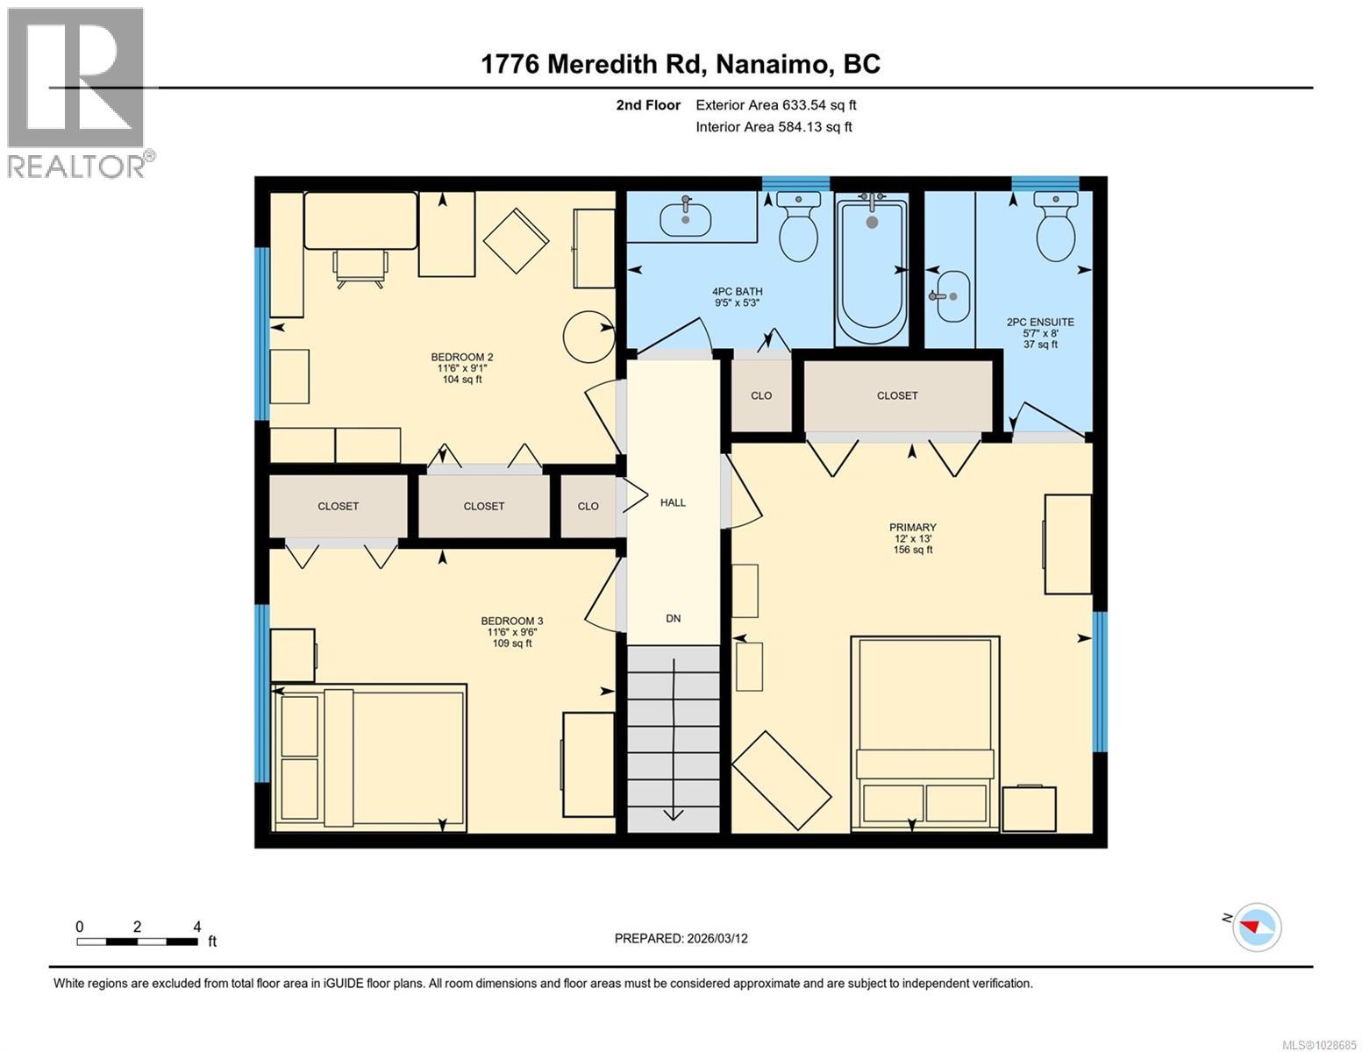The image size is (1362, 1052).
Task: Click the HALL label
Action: click(673, 502)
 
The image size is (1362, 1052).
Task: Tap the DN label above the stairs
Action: click(673, 618)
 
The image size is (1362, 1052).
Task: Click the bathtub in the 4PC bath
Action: click(870, 271)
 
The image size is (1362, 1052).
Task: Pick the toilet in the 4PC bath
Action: click(798, 228)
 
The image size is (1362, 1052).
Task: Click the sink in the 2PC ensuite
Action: click(950, 296)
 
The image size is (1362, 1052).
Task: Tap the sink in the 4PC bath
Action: click(686, 217)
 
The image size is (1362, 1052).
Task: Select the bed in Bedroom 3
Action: click(369, 757)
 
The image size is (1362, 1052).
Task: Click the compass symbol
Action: click(1256, 927)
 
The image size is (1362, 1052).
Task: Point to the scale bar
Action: click(138, 942)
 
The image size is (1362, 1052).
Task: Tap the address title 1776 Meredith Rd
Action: click(681, 64)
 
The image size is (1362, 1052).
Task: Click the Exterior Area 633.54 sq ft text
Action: click(775, 105)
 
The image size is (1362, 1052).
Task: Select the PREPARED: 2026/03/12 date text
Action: click(681, 938)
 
